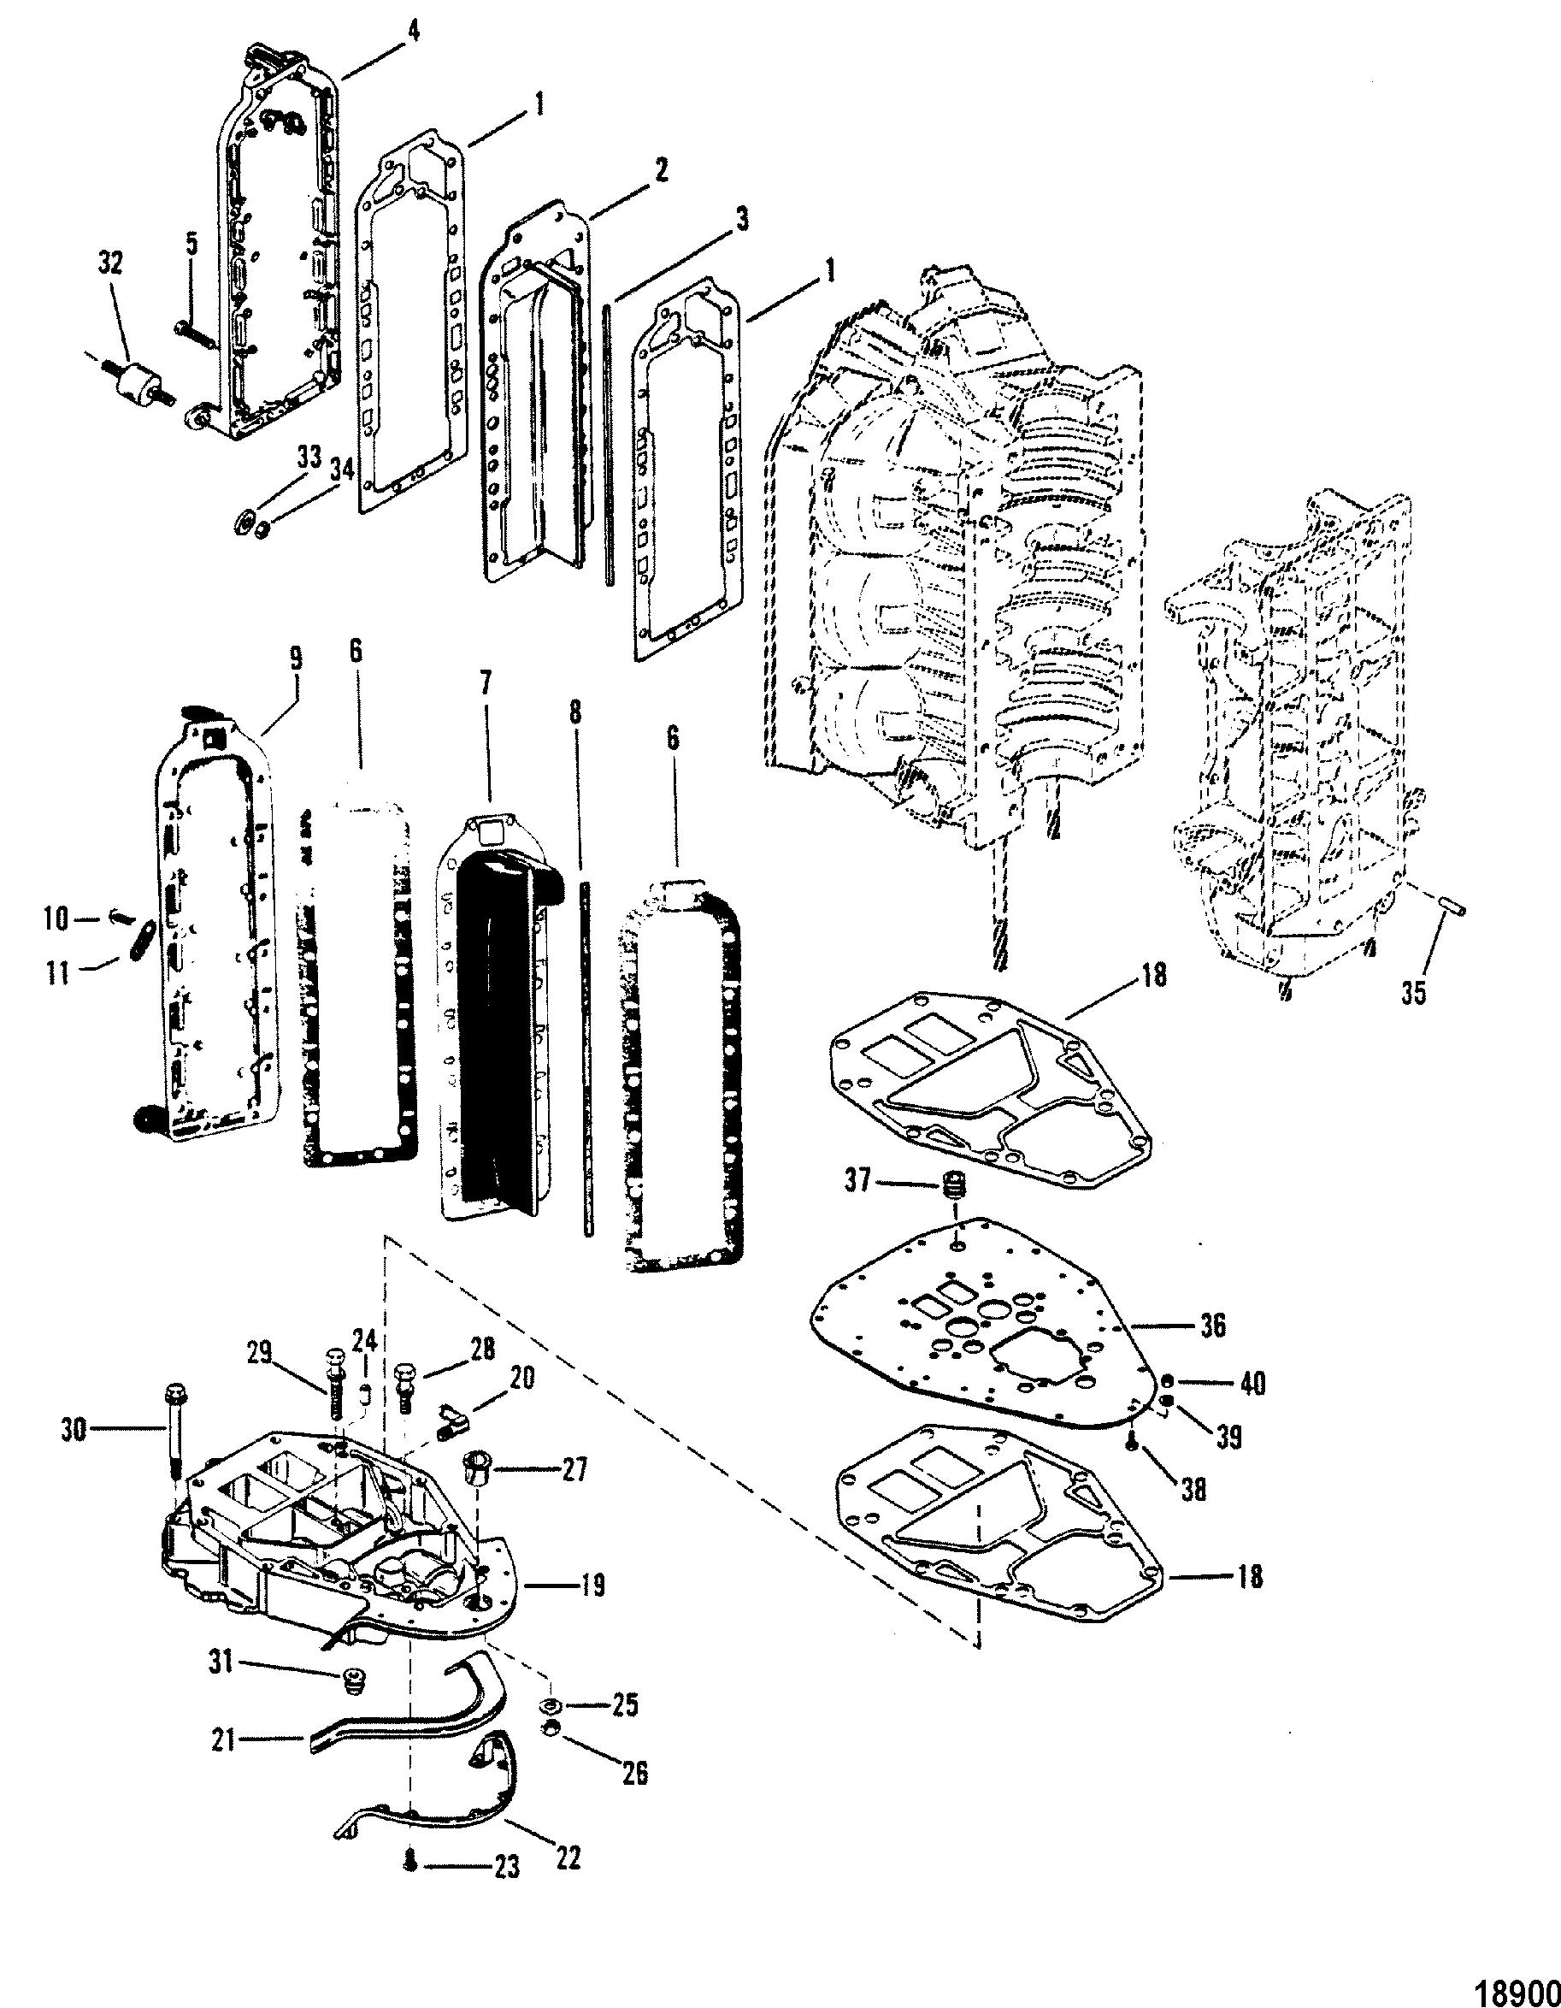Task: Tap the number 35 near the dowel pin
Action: [x=1414, y=994]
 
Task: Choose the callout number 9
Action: [x=294, y=659]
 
